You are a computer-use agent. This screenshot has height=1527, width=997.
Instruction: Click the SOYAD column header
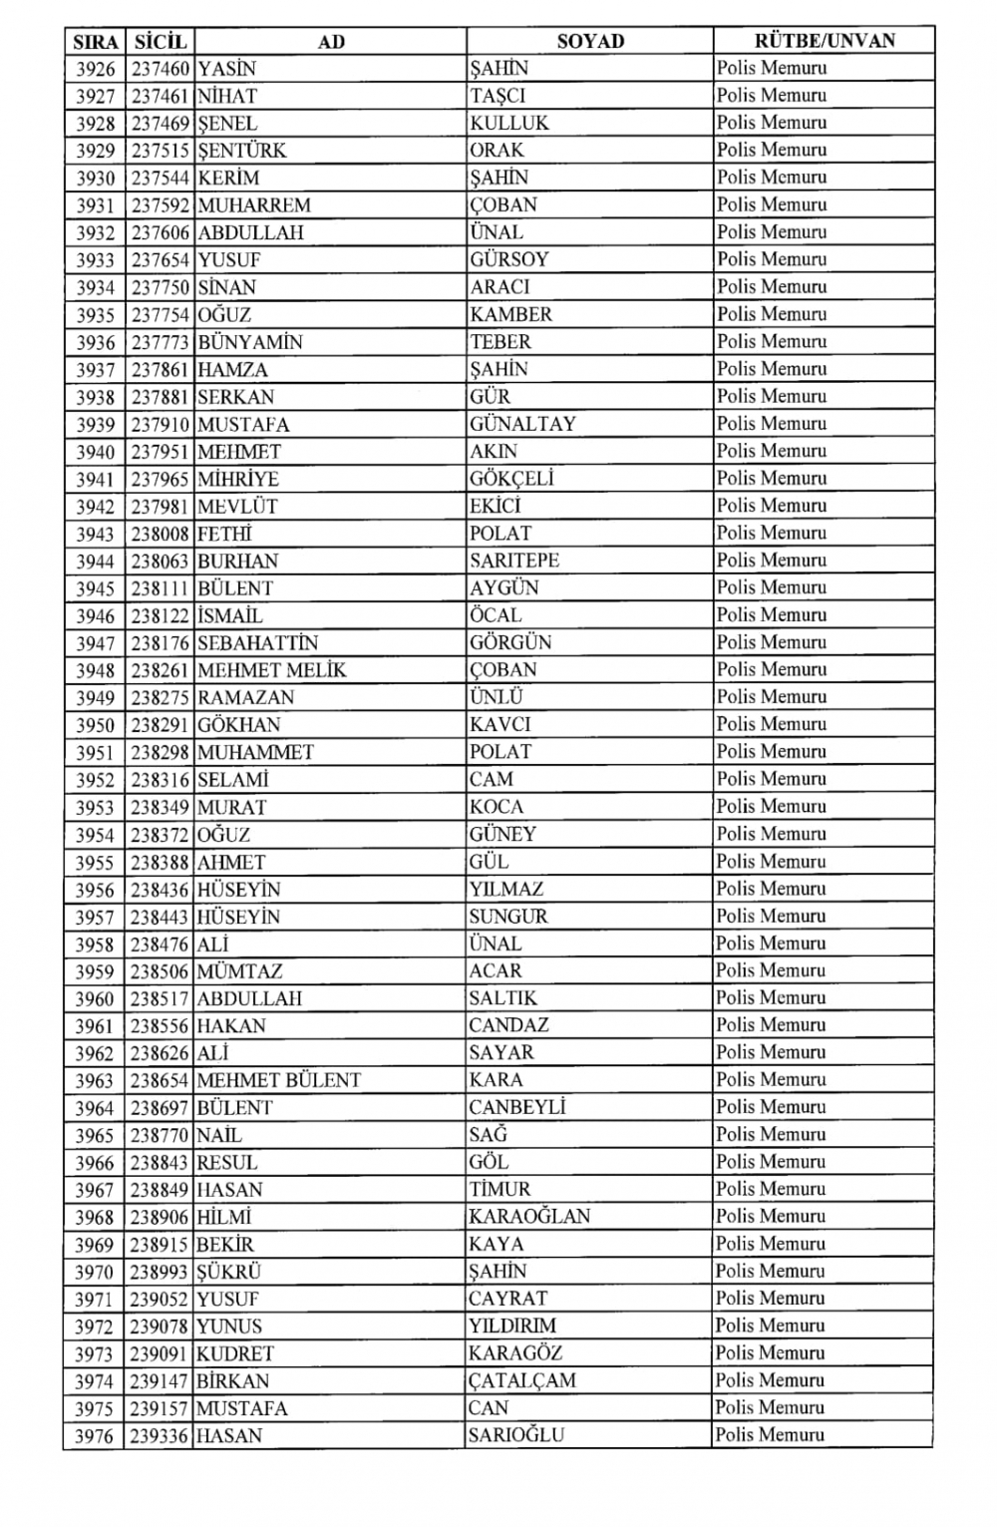tap(589, 41)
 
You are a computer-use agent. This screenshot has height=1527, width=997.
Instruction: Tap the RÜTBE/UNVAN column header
tap(824, 41)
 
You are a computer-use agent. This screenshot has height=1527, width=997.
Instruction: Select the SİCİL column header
tap(160, 41)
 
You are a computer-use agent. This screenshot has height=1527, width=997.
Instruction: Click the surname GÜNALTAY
tap(522, 424)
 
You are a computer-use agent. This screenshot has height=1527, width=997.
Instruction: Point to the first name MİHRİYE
tap(238, 479)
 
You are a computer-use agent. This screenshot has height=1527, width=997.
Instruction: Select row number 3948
tap(96, 670)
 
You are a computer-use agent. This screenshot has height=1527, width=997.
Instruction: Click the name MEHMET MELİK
tap(271, 670)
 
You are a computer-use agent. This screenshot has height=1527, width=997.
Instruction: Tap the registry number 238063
tap(160, 561)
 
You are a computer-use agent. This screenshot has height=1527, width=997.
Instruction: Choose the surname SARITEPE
tap(514, 561)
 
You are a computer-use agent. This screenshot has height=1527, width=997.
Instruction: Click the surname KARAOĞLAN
tap(529, 1217)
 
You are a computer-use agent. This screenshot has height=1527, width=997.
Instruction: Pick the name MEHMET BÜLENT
tap(278, 1080)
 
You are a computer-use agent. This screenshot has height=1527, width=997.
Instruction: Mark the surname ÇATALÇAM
tap(522, 1381)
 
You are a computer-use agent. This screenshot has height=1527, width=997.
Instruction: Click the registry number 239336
tap(160, 1436)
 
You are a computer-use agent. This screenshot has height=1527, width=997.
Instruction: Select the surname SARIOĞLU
tap(516, 1436)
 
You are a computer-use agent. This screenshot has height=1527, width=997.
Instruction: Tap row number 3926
tap(96, 69)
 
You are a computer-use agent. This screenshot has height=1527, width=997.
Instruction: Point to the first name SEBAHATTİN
tap(257, 643)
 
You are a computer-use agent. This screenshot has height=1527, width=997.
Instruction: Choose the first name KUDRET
tap(234, 1354)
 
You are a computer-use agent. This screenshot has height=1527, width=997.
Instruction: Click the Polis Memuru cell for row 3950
tap(771, 725)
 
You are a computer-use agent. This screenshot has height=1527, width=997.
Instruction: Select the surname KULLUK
tap(509, 124)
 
